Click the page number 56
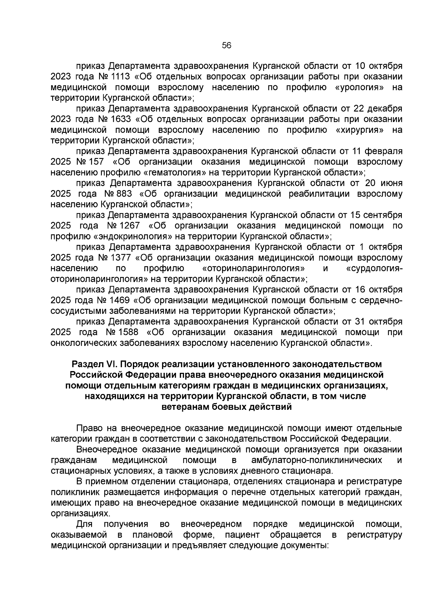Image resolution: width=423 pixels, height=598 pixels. [226, 45]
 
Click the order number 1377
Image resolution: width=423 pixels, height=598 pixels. [121, 258]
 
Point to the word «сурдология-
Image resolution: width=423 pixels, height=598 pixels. [374, 268]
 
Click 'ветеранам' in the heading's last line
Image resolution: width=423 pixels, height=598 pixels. [184, 407]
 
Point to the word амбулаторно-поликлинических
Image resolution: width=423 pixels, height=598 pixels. [317, 460]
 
